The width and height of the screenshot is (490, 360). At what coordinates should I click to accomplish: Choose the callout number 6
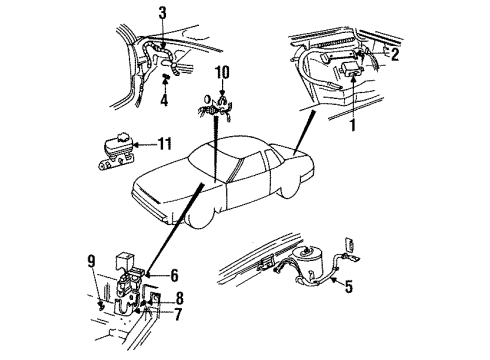click(173, 273)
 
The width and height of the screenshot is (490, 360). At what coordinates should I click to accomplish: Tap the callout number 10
click(222, 73)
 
